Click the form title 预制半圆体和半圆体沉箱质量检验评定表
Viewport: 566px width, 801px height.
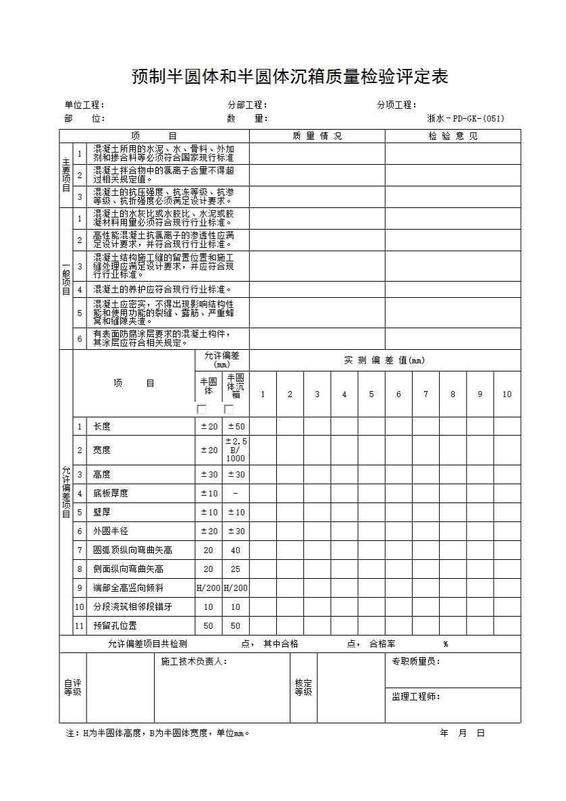(x=290, y=77)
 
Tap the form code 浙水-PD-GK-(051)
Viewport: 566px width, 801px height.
(x=465, y=119)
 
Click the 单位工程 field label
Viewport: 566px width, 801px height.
(x=84, y=105)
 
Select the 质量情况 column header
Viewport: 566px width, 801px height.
(x=317, y=136)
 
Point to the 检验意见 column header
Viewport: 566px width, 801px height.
(x=453, y=136)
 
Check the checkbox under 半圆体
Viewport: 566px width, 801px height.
(x=201, y=409)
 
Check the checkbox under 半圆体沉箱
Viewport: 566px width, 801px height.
(x=229, y=409)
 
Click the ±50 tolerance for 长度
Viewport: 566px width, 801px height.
(x=236, y=426)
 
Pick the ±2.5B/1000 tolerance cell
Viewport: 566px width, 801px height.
(x=236, y=450)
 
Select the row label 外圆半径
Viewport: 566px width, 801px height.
(x=111, y=532)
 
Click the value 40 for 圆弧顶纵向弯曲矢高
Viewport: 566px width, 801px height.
(x=236, y=550)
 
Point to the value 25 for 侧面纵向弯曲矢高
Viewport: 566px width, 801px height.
(x=236, y=569)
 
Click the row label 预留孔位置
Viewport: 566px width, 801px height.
(x=115, y=626)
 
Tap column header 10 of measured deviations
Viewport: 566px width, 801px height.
(x=507, y=394)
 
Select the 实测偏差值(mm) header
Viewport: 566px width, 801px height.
(x=384, y=361)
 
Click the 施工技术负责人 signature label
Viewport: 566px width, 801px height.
(x=194, y=662)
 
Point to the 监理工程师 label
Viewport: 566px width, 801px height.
(x=416, y=696)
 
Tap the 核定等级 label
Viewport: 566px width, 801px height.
(x=303, y=688)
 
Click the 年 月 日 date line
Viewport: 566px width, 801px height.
(x=463, y=733)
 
